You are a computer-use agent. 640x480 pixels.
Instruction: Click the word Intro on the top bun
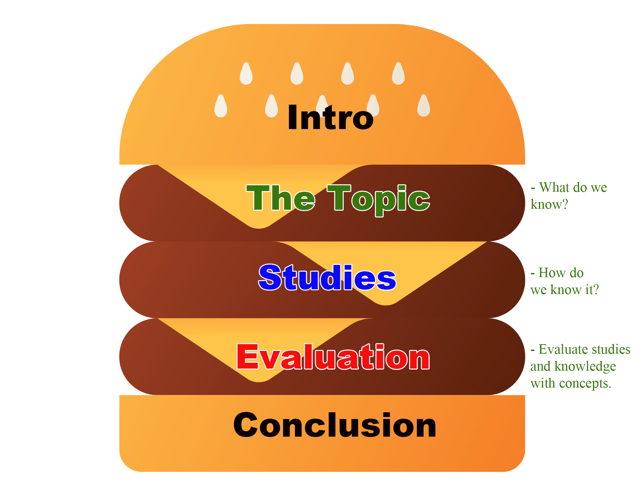[x=330, y=118]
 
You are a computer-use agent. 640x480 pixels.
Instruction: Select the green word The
[x=281, y=198]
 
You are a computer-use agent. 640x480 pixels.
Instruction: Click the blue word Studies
[x=327, y=278]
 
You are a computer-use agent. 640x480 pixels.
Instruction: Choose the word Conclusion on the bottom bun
[x=335, y=425]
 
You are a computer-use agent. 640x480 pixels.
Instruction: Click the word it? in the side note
[x=592, y=290]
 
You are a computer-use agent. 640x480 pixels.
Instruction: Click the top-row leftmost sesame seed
[x=246, y=74]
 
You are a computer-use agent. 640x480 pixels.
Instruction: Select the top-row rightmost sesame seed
[x=398, y=74]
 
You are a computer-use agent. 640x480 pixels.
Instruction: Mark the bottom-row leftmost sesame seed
[x=221, y=106]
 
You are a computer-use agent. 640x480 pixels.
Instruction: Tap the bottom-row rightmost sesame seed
[x=424, y=106]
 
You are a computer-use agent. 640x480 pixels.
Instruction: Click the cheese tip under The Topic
[x=259, y=224]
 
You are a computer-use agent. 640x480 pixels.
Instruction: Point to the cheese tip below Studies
[x=386, y=301]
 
